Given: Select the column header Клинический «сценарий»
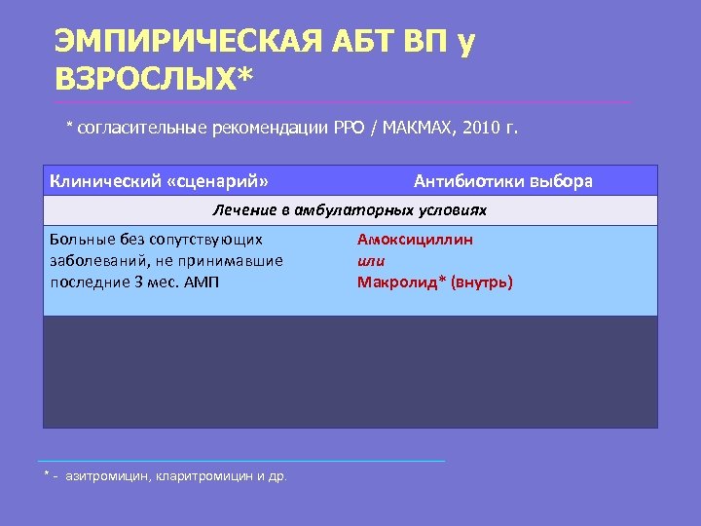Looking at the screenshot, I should coord(159,181).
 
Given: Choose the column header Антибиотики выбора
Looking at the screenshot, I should coord(502,181).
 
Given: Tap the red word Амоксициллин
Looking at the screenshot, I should coord(415,240).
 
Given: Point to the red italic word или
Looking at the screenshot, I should coord(371,261).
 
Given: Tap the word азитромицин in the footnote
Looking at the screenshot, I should coord(107,476).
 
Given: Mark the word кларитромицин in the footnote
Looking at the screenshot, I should coord(202,476).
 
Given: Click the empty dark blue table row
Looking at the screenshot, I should coord(350,372).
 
